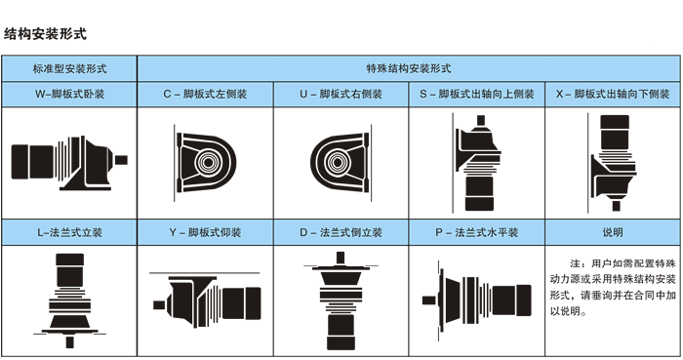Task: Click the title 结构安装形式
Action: click(45, 34)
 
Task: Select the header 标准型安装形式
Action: click(69, 68)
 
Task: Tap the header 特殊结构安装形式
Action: click(409, 68)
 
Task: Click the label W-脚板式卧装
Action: click(69, 94)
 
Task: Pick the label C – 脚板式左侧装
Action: click(205, 94)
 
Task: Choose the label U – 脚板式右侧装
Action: click(341, 94)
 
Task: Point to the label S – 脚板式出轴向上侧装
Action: click(477, 94)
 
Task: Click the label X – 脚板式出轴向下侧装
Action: click(613, 94)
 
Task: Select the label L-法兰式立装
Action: click(69, 232)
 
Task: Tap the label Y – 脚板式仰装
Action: click(205, 232)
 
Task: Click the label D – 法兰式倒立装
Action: click(341, 232)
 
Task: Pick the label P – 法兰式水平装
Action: click(477, 232)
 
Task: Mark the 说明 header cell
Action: click(613, 232)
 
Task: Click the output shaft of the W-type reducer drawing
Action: click(121, 160)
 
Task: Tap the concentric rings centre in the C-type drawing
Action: click(208, 162)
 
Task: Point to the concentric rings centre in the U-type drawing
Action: click(337, 162)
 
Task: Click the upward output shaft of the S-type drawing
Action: click(481, 120)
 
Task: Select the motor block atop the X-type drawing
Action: click(615, 132)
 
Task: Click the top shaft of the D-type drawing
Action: click(341, 258)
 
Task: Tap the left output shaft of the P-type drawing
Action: click(429, 300)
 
